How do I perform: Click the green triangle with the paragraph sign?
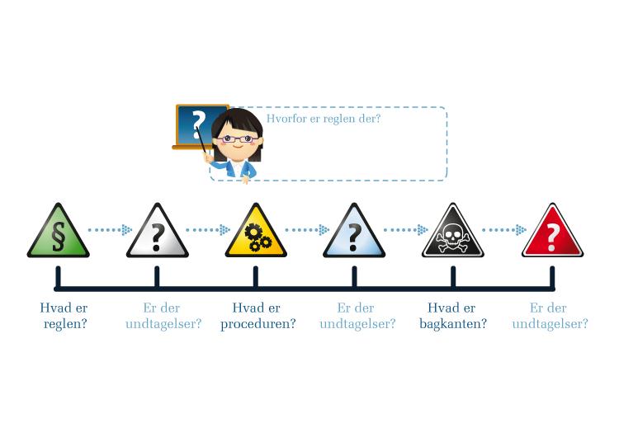point(59,233)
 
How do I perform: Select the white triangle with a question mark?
point(157,233)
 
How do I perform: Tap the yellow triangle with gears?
point(256,233)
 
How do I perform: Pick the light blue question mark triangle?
point(354,233)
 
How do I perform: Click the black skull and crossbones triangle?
point(453,233)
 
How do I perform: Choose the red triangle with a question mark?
point(552,233)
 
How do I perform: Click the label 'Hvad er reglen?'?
point(64,316)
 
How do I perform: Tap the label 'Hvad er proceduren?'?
point(258,316)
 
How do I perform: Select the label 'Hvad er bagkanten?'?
point(452,316)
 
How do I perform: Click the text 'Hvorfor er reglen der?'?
point(324,119)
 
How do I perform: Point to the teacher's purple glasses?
point(237,139)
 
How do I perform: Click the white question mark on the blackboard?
point(198,124)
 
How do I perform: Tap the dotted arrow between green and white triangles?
point(110,229)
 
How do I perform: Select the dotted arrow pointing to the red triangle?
point(504,229)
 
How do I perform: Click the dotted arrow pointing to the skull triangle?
point(406,229)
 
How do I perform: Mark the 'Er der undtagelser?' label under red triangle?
point(550,316)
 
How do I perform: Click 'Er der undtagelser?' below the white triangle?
point(163,316)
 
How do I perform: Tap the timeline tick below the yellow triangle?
point(256,277)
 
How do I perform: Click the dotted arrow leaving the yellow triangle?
point(307,229)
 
